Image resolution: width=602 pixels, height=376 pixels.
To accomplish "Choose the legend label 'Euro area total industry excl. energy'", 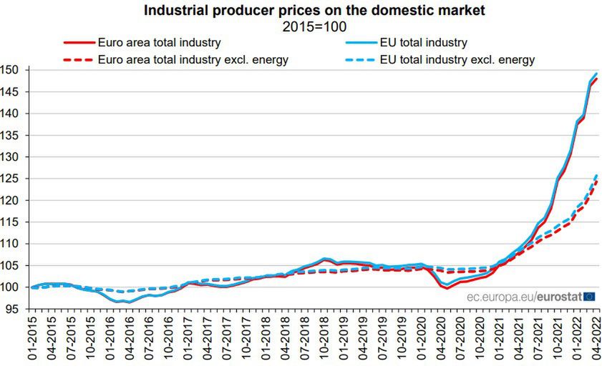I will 193,59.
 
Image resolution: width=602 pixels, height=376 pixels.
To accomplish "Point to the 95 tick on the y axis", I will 14,309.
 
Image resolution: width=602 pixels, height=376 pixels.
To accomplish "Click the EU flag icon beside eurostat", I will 590,295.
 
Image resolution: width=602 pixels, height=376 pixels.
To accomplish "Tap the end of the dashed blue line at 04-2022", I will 597,174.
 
